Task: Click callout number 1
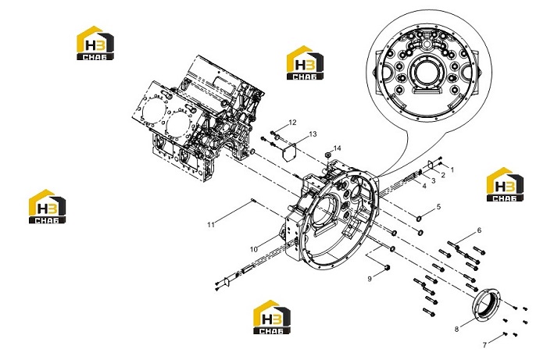coord(452,169)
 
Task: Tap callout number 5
coord(438,207)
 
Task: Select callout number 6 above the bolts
coord(479,230)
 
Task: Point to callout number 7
coord(484,345)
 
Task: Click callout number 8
coord(456,329)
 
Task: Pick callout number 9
coord(370,279)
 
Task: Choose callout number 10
coord(254,250)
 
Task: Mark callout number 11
coord(211,225)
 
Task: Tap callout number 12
coord(292,123)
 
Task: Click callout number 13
coord(313,134)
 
